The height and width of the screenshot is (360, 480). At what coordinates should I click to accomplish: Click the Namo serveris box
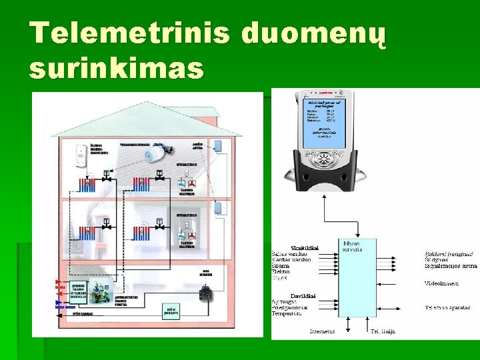coord(357,277)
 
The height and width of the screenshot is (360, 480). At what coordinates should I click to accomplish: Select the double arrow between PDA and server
coord(324,213)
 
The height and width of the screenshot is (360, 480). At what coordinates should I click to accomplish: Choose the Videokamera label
coord(441,283)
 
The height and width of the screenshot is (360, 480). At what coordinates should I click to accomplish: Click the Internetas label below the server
coord(322,331)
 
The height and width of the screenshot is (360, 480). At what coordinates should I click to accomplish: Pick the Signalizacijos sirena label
coord(451,266)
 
